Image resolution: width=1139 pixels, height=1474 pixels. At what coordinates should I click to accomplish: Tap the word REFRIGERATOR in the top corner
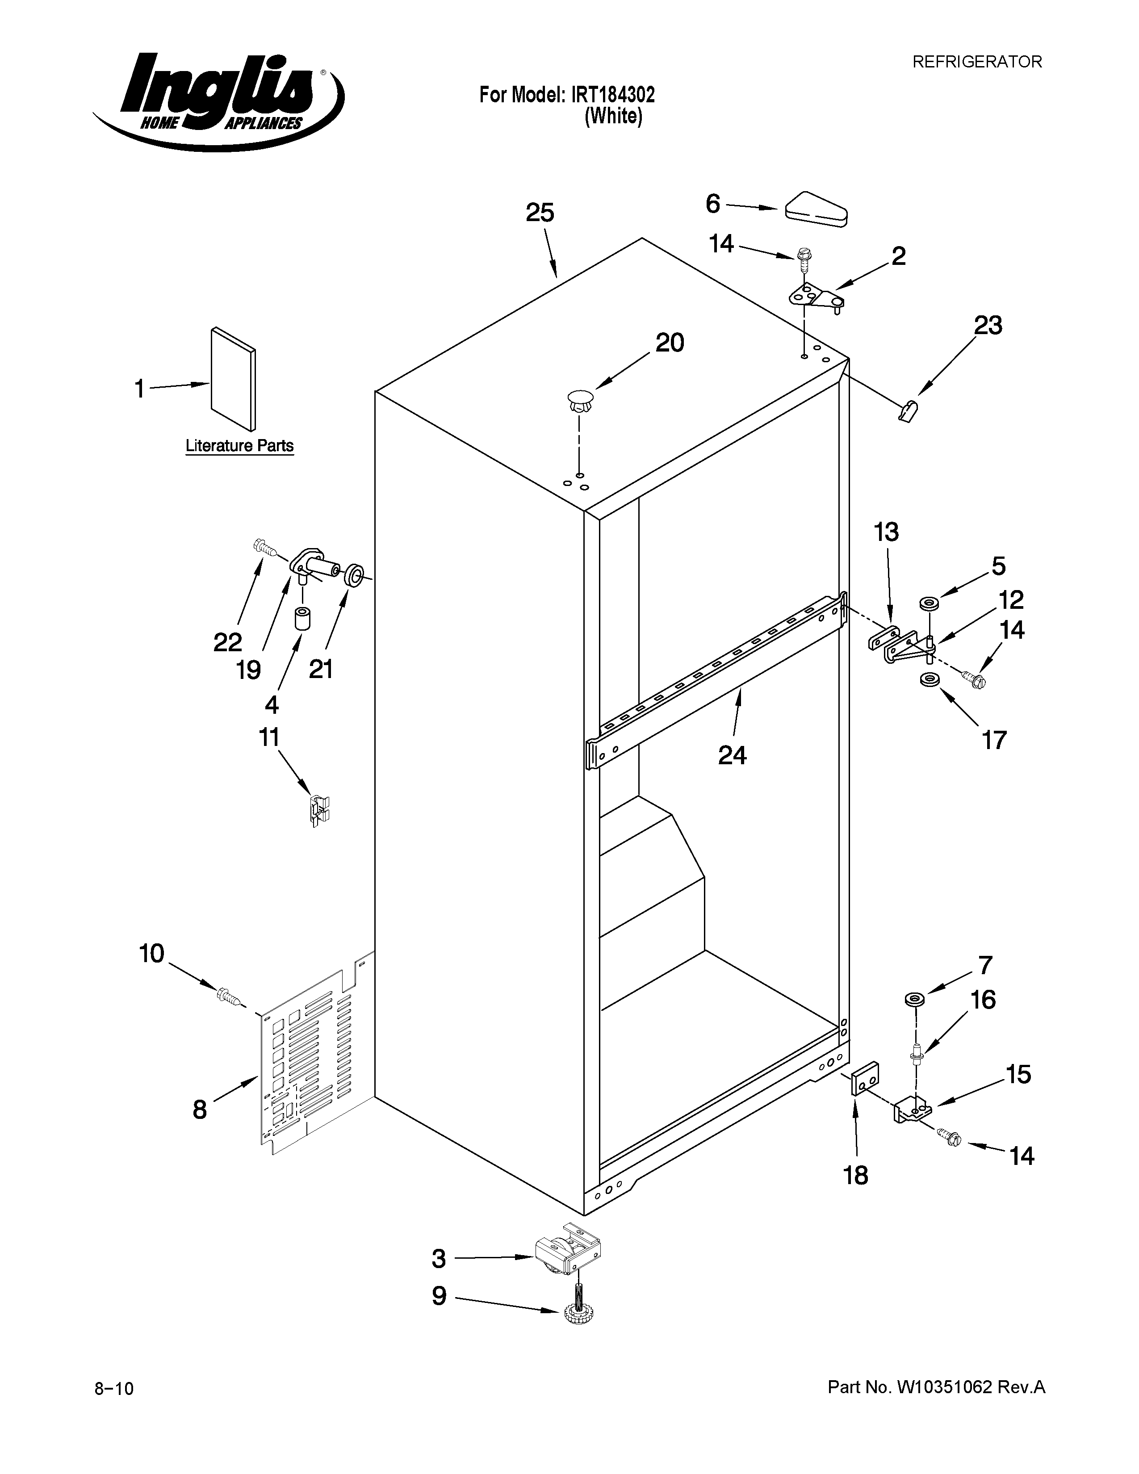(x=976, y=62)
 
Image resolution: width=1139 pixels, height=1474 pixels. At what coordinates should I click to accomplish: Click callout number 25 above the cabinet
(x=540, y=213)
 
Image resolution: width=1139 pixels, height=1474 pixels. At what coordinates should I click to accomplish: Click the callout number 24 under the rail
(x=732, y=754)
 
